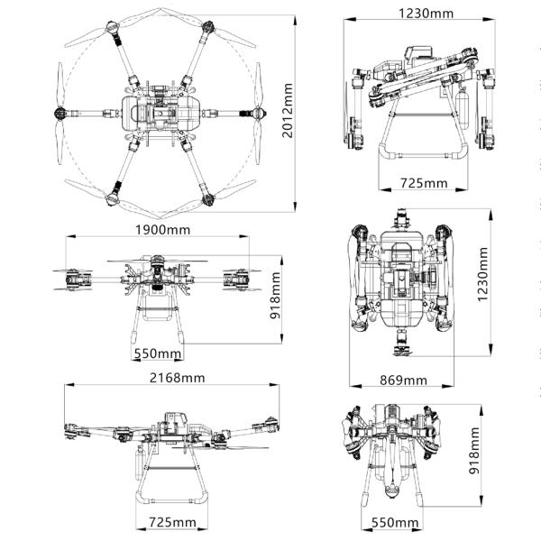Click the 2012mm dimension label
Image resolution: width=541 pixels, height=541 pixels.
coord(288,110)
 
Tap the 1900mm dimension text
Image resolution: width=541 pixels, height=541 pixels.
coord(161,229)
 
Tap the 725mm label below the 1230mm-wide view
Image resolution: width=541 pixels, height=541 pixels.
coord(424,183)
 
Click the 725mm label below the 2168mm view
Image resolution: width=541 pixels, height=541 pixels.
coord(171,522)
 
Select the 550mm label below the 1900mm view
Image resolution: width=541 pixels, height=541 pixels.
coord(159,353)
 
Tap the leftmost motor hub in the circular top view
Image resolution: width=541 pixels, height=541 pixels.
coord(61,114)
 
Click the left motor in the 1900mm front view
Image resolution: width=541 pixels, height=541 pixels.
coord(78,280)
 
